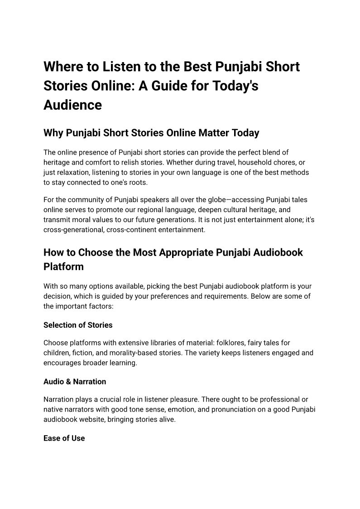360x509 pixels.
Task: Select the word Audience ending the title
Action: (x=72, y=105)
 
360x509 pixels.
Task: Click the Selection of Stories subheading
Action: (x=78, y=325)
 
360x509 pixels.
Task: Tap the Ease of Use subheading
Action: (x=64, y=438)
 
